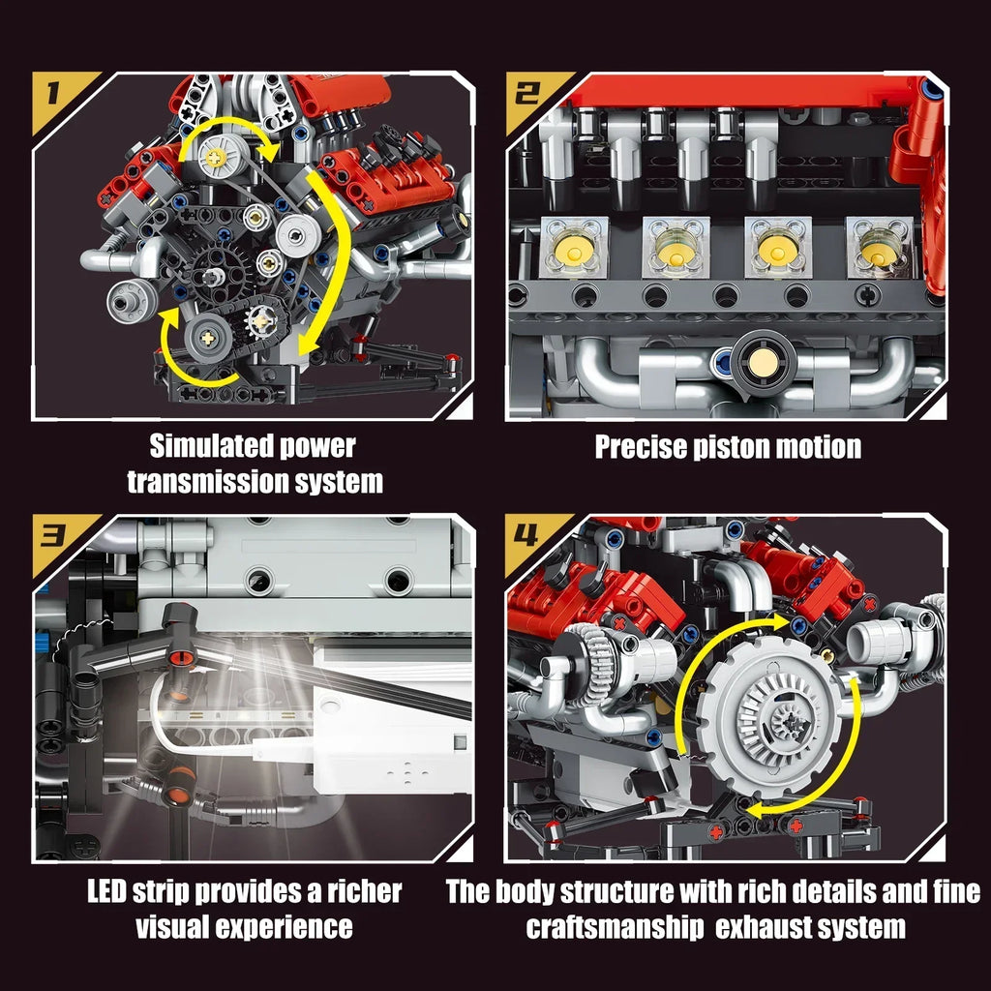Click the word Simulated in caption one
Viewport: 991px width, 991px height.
(x=210, y=447)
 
